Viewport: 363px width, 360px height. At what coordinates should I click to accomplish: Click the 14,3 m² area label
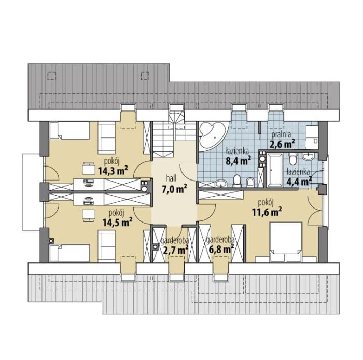[x=113, y=170]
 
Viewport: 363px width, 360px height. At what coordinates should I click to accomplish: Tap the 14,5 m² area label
[x=117, y=221]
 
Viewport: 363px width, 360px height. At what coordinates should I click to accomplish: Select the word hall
[x=172, y=178]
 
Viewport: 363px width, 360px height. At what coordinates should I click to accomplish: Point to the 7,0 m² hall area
[x=174, y=189]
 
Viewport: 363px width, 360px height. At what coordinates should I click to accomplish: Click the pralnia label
[x=281, y=134]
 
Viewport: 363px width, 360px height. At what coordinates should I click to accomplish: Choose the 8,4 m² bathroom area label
[x=239, y=160]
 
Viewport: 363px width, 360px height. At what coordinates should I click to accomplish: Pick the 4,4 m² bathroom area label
[x=299, y=182]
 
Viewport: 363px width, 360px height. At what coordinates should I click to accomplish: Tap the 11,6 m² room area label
[x=267, y=211]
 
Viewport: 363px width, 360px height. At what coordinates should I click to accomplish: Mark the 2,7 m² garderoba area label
[x=176, y=250]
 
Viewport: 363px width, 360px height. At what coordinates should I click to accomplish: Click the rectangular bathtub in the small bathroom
[x=274, y=170]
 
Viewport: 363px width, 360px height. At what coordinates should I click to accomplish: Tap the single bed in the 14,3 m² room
[x=69, y=131]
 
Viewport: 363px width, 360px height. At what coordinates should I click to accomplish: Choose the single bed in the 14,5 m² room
[x=69, y=253]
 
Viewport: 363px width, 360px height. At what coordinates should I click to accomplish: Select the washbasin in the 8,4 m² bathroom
[x=221, y=183]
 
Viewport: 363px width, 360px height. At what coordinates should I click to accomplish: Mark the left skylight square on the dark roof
[x=52, y=76]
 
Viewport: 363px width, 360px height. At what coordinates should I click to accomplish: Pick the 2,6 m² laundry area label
[x=282, y=144]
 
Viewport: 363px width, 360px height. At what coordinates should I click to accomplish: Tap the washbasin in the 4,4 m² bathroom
[x=308, y=157]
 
